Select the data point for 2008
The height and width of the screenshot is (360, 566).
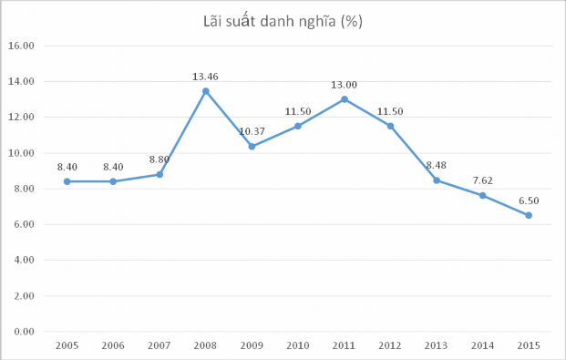(x=205, y=91)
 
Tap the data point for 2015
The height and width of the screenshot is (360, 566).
(x=528, y=215)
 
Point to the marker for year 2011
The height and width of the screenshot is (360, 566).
(x=344, y=99)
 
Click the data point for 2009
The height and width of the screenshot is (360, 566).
(x=252, y=146)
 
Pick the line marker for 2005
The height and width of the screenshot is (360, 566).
(x=67, y=181)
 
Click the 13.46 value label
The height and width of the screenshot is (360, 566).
(x=205, y=77)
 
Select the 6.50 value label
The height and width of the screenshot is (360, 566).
(x=529, y=201)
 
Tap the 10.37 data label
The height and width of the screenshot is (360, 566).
(x=252, y=131)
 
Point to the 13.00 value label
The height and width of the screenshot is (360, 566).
(x=345, y=85)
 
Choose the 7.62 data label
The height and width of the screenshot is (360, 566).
(x=482, y=180)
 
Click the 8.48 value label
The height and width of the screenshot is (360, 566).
(x=437, y=165)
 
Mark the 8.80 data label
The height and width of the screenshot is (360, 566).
(x=160, y=159)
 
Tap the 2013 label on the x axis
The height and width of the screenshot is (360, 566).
(x=436, y=345)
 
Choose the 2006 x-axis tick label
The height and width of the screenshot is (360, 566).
(x=113, y=345)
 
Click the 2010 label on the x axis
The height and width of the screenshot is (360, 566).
(x=297, y=345)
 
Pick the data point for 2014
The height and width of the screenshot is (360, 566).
(x=482, y=195)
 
